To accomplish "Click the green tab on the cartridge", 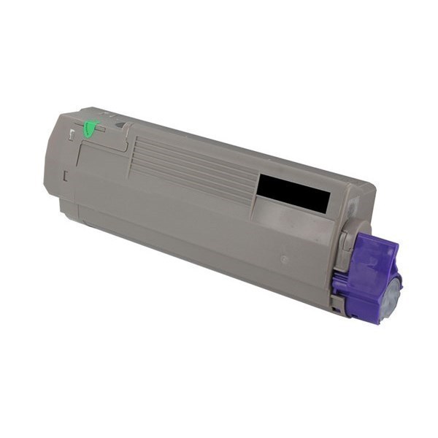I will tap(90, 129).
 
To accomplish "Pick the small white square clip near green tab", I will tap(71, 134).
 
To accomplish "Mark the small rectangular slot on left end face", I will tap(65, 175).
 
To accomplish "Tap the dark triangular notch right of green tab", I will tap(120, 125).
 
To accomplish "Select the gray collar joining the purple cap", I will tap(346, 241).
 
